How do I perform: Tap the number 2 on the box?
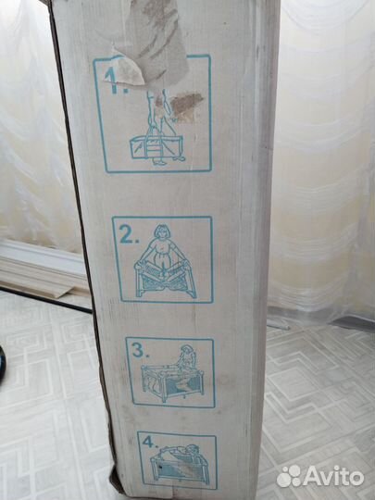click(x=126, y=236)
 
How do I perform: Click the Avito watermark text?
click(x=334, y=477)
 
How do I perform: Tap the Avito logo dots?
click(x=290, y=476)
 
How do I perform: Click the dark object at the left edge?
click(x=2, y=361)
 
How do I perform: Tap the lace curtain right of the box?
click(x=324, y=167)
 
